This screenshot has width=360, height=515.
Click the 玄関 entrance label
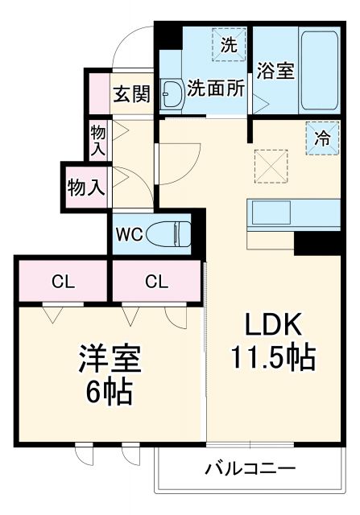131,94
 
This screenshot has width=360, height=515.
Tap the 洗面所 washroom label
216,88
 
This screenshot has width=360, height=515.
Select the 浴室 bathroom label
275,71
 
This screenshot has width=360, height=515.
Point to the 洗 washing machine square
230,44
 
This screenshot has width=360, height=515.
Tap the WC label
130,235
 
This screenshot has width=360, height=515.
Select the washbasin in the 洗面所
172,94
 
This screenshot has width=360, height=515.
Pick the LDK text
273,325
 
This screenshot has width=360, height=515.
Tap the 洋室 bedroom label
110,359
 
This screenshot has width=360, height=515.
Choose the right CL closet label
157,282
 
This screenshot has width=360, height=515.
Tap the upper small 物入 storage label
98,138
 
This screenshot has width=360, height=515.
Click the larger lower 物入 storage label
86,187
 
